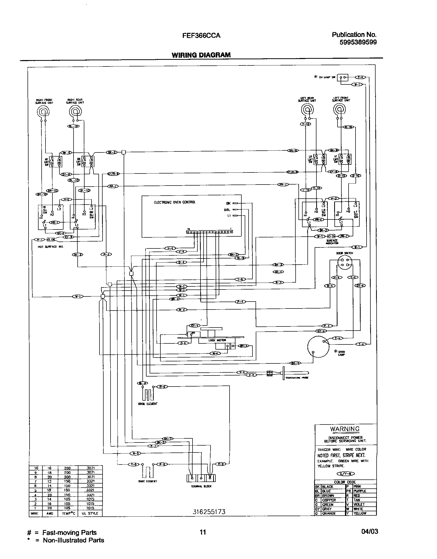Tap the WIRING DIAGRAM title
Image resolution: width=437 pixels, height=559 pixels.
pos(201,55)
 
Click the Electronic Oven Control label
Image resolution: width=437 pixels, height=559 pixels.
pos(175,202)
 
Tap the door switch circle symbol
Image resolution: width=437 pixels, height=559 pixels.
pos(345,262)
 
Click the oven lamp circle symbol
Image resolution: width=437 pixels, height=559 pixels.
pos(318,347)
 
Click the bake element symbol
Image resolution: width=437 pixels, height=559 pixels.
pos(147,472)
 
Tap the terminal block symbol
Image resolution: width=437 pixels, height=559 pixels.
pos(201,478)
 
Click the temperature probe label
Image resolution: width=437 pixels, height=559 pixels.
pos(297,378)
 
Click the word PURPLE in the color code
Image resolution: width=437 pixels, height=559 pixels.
pos(360,491)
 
